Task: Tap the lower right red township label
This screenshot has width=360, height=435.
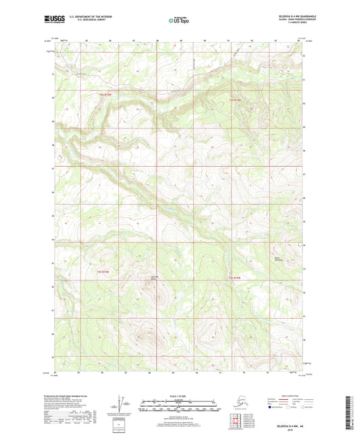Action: coord(234,277)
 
